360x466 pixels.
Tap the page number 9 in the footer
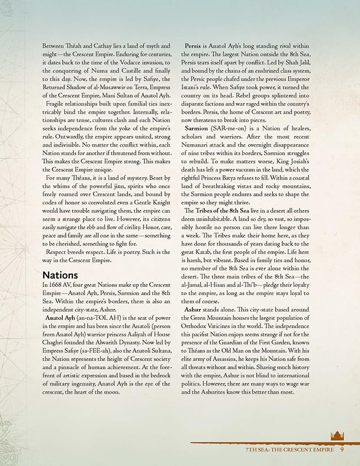coord(342,449)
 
